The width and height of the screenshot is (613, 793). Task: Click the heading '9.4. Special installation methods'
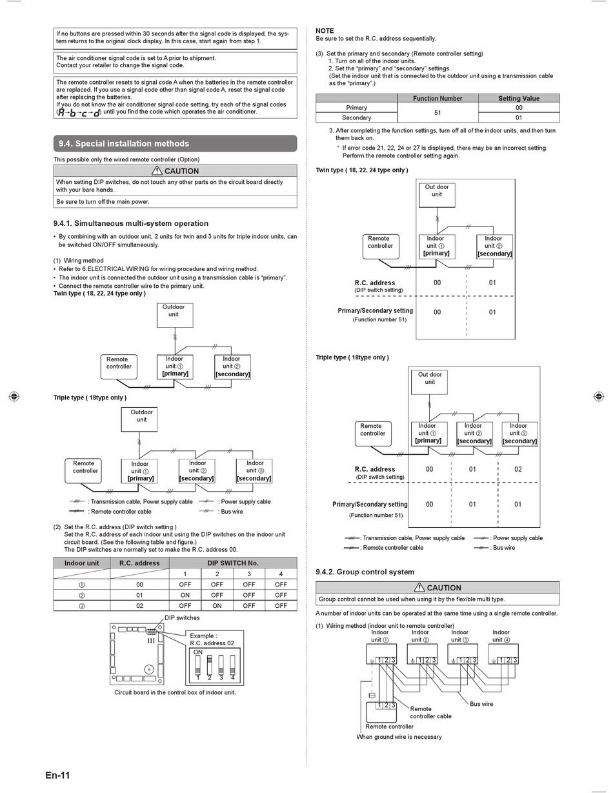coord(124,143)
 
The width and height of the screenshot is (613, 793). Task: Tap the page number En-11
coord(57,775)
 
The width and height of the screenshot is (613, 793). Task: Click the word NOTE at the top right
coord(325,31)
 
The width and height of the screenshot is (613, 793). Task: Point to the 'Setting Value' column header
coord(519,98)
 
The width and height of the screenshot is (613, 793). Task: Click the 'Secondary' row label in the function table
coord(356,117)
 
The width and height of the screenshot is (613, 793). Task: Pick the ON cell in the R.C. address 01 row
coord(185,595)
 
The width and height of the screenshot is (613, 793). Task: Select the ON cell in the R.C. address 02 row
coord(217,605)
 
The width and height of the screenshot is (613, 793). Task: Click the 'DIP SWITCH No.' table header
coord(232,563)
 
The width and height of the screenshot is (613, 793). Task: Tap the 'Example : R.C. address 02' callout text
coord(212,639)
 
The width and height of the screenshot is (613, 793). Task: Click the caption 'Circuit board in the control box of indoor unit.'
coord(175,692)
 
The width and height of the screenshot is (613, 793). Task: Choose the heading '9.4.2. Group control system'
coord(365,572)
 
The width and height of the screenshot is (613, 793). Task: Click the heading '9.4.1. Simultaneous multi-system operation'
coord(130,223)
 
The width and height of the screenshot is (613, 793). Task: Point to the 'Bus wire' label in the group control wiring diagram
coord(481,704)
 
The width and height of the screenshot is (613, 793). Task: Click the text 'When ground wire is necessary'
coord(399,737)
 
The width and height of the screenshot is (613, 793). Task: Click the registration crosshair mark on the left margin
coord(14,396)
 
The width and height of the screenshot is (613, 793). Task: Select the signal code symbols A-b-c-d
coord(79,112)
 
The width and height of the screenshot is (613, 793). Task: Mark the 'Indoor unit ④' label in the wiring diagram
coord(501,636)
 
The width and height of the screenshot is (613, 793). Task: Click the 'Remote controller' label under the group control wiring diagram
coord(389,727)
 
